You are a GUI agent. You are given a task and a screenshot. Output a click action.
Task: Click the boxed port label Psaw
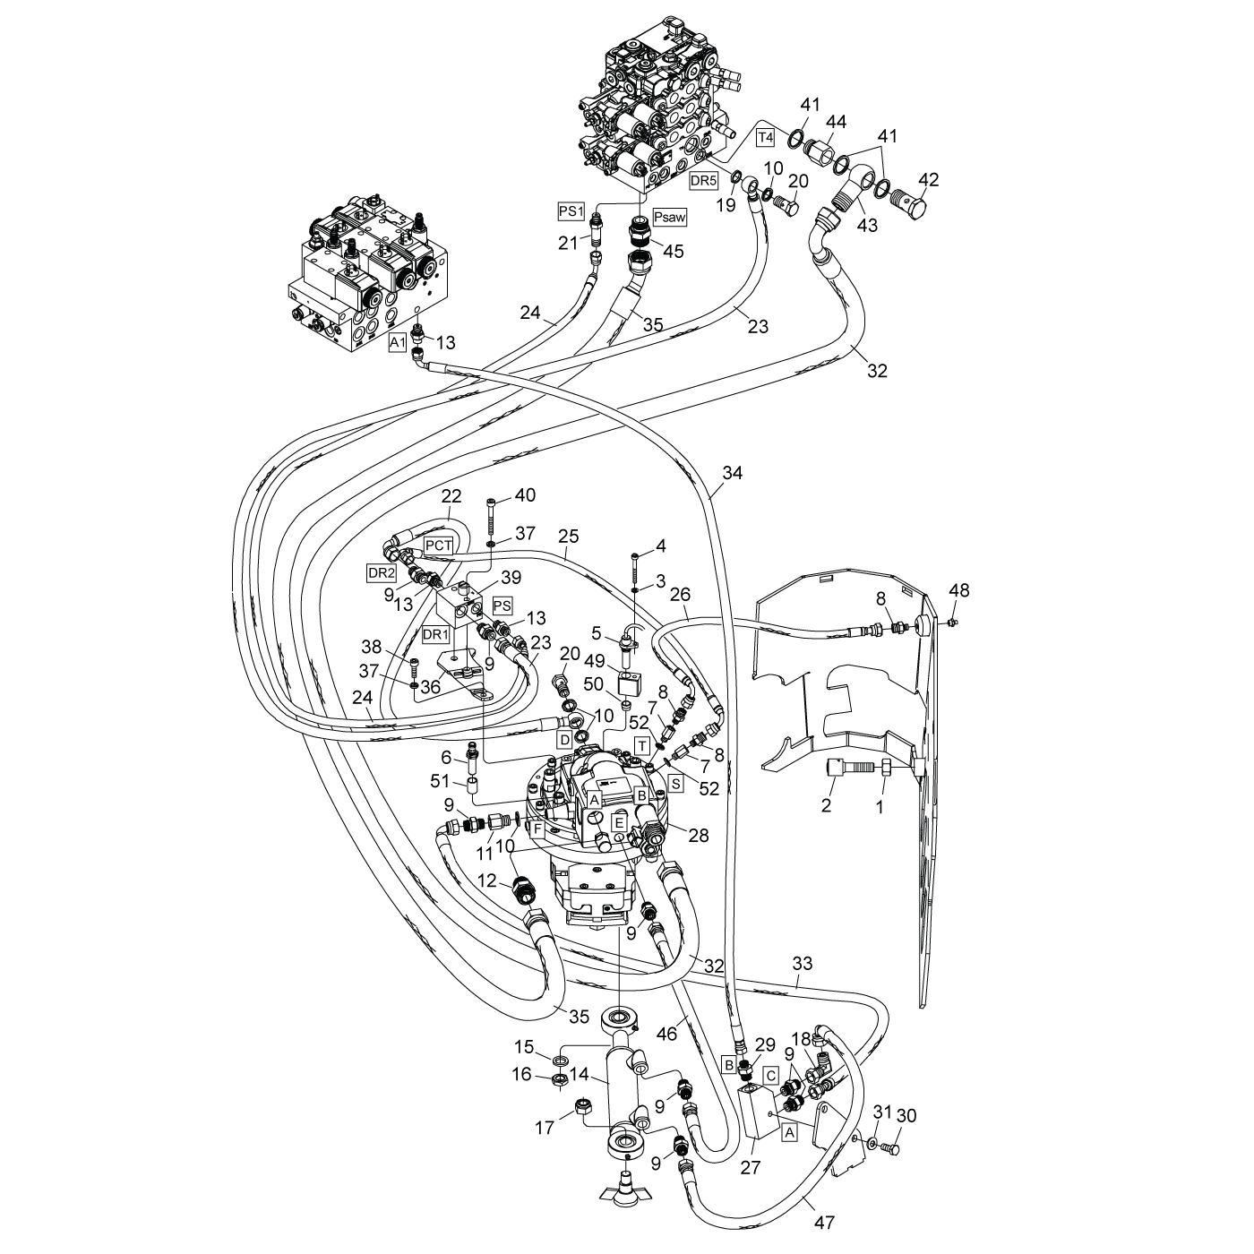[x=670, y=218]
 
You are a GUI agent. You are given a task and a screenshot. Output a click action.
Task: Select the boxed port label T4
[x=766, y=138]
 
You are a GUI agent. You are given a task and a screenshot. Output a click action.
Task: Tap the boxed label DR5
[x=703, y=180]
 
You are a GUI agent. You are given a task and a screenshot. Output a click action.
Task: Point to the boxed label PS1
[x=571, y=211]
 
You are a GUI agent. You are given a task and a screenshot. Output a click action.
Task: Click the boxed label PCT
[x=438, y=545]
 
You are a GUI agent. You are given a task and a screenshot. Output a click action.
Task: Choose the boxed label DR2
[x=382, y=572]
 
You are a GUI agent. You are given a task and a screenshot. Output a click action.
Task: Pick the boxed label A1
[x=398, y=342]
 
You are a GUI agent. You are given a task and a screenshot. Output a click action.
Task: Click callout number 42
[x=928, y=180]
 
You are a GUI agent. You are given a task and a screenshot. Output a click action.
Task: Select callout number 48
[x=959, y=590]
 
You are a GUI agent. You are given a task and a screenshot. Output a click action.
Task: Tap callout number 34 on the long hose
[x=732, y=473]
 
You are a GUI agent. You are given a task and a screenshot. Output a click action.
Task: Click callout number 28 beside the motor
[x=699, y=835]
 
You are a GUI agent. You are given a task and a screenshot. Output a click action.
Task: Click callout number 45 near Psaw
[x=673, y=251]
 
